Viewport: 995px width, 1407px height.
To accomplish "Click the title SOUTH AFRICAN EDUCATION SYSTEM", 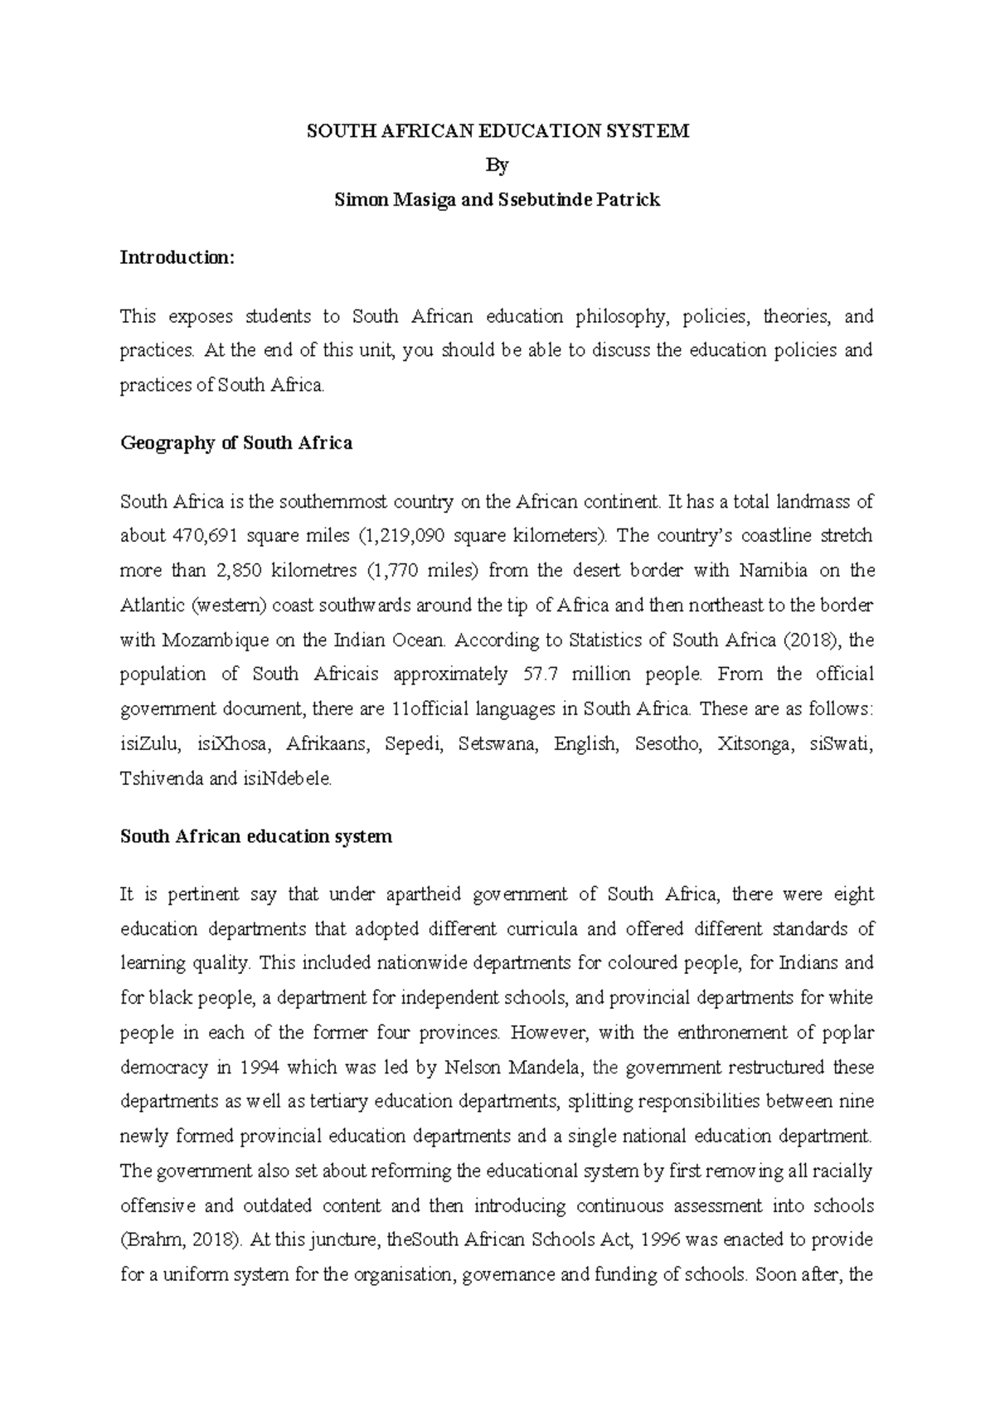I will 498,131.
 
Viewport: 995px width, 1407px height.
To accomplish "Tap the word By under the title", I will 497,165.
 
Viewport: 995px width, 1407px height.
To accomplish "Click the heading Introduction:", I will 177,257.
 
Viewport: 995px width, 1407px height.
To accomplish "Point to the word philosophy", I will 616,316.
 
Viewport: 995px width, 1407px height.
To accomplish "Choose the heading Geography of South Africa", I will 236,443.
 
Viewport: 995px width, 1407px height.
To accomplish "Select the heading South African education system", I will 255,836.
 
